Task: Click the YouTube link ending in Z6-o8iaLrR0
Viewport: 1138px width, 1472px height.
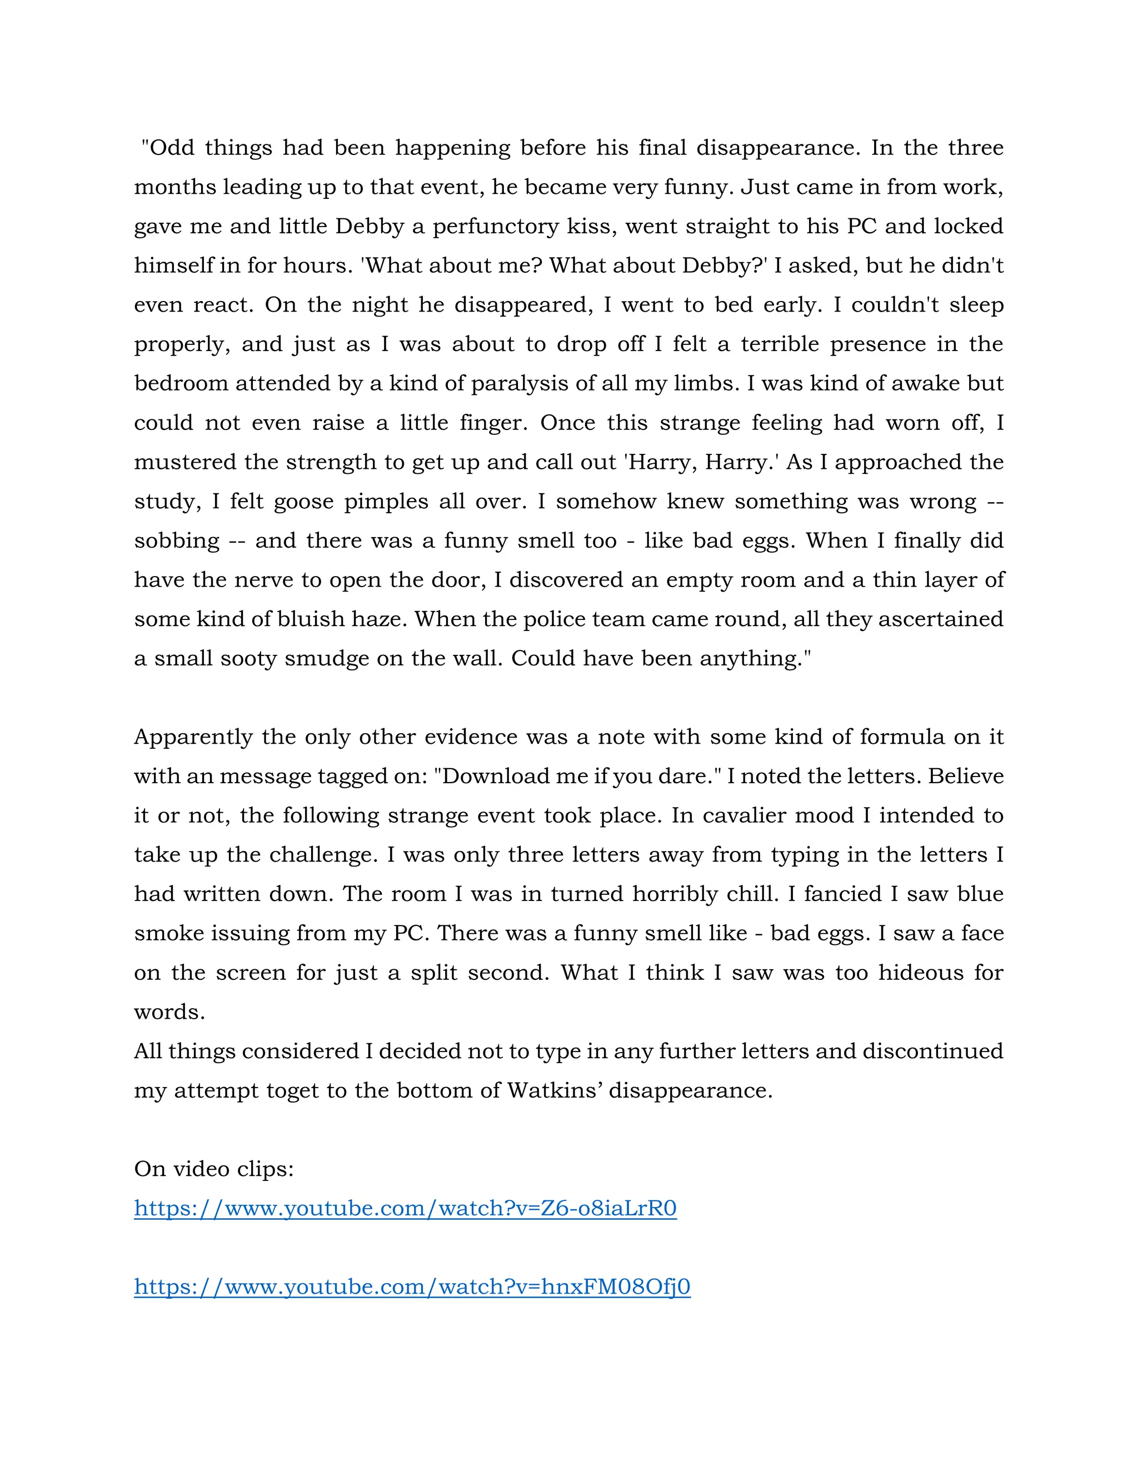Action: [x=405, y=1208]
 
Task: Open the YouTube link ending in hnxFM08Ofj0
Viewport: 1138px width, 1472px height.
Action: [x=412, y=1286]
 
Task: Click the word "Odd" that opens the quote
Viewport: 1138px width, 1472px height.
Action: [x=171, y=148]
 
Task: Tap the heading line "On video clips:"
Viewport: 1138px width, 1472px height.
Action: [x=214, y=1169]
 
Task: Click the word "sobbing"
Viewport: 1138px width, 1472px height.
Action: [x=177, y=540]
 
